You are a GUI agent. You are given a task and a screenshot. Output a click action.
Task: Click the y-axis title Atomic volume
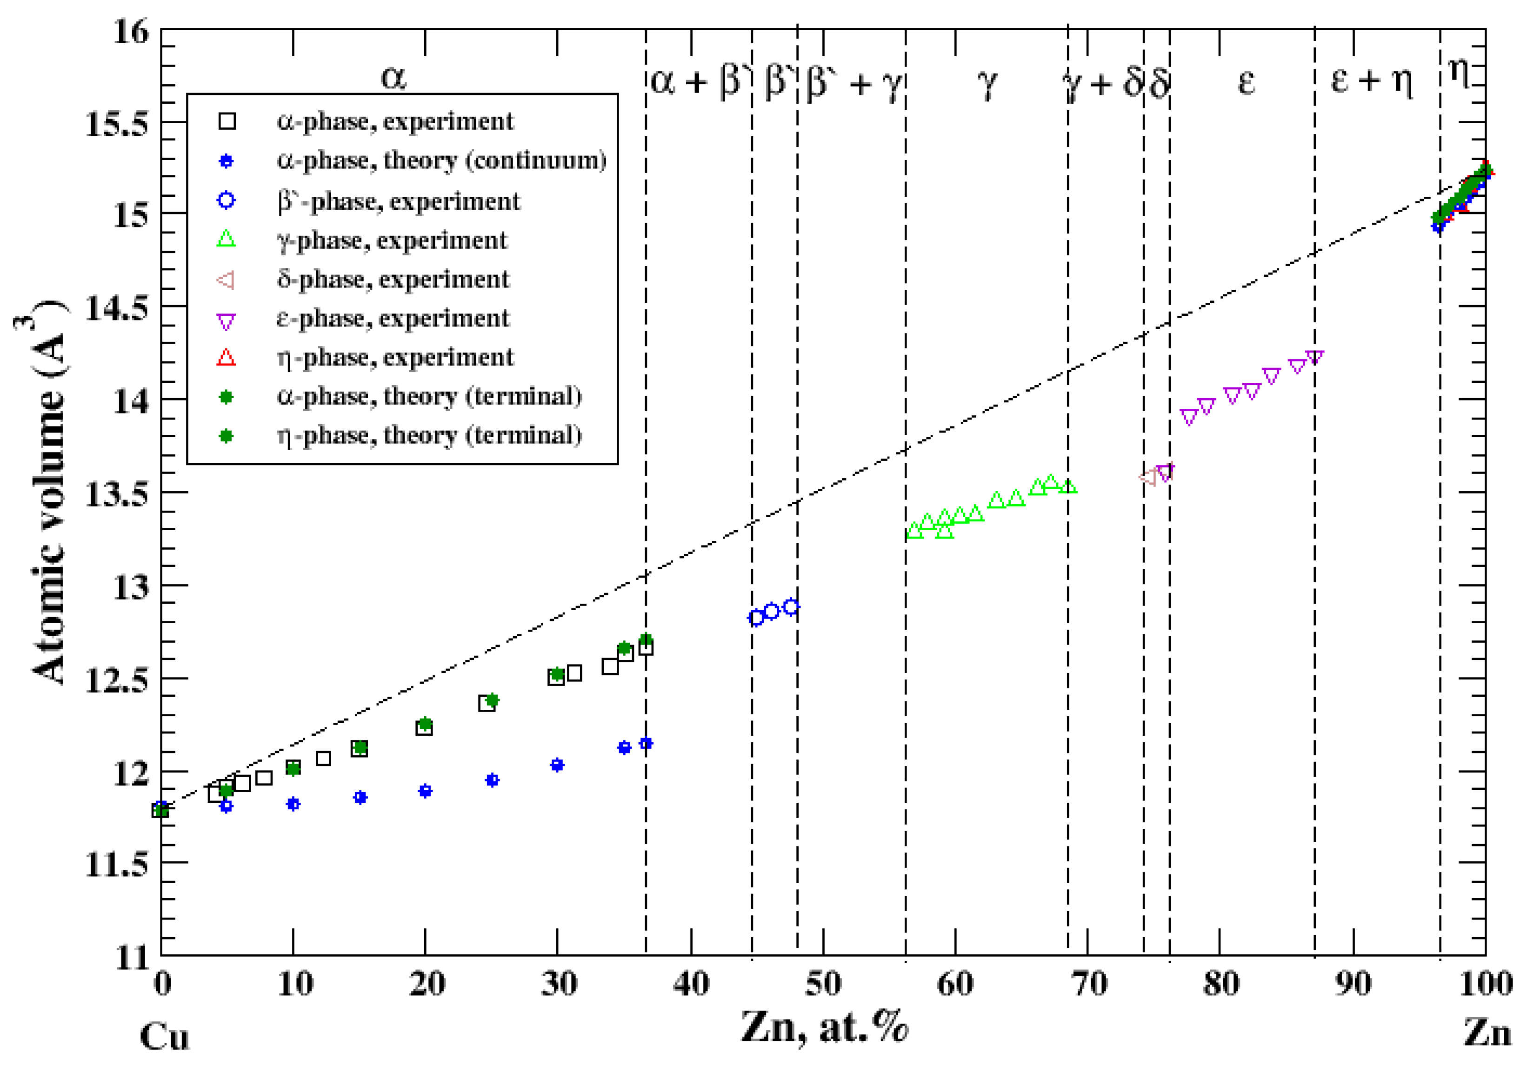click(x=50, y=499)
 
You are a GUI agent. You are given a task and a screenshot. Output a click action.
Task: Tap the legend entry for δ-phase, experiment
click(x=393, y=280)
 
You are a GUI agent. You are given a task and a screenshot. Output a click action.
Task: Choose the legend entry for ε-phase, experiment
click(x=393, y=319)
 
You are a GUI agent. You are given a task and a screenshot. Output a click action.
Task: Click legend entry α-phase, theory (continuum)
click(x=441, y=161)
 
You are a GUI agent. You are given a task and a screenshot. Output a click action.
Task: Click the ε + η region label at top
click(x=1371, y=81)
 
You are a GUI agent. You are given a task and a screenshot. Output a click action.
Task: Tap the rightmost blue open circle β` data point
click(x=791, y=607)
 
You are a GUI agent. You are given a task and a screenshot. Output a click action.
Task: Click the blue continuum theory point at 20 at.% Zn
click(x=425, y=791)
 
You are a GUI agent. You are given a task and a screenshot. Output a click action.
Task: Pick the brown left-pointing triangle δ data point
click(x=1148, y=478)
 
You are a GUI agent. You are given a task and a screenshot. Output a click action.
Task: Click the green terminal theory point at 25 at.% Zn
click(x=492, y=700)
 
